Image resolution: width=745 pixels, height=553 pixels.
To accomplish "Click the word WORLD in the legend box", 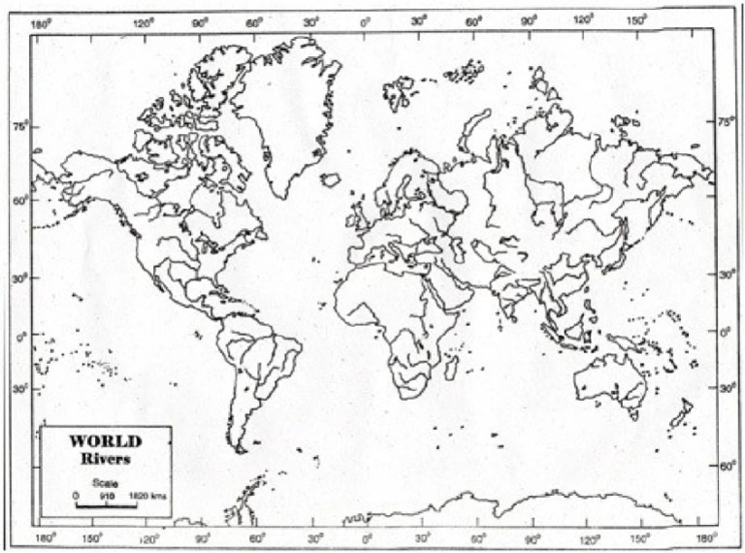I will click(106, 440).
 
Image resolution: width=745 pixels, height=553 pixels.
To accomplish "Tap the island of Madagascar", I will click(450, 367).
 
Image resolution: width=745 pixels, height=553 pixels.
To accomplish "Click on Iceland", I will click(332, 179).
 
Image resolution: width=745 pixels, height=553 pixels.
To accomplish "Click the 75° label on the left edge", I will click(18, 125).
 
